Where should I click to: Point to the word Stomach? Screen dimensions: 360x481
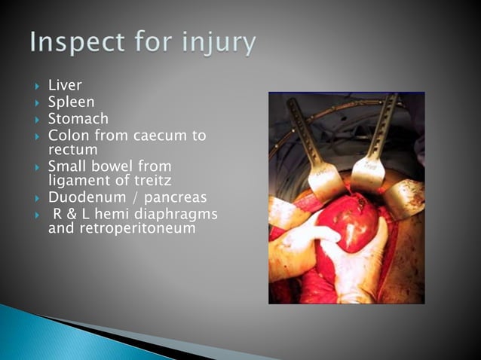pyautogui.click(x=78, y=119)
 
